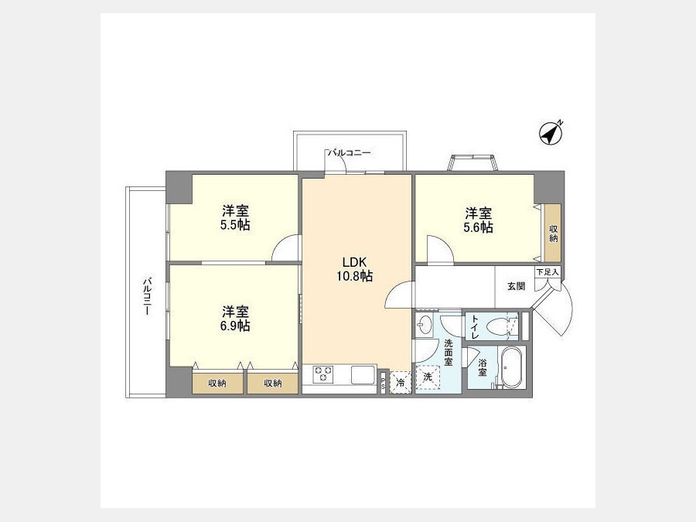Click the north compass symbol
pos(551,133)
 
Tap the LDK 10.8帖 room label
pos(354,269)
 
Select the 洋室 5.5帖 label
pos(235,217)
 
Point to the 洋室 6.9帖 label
pos(235,319)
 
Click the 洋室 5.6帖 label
pos(478,220)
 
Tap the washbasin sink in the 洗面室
pos(424,325)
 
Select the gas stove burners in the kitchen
pos(322,374)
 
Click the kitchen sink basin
pos(363,374)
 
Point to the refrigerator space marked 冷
pos(401,382)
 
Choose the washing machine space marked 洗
pos(428,377)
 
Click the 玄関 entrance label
pos(516,286)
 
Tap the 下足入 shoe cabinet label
pos(548,272)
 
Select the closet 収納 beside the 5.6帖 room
pos(553,233)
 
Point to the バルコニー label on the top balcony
pos(349,153)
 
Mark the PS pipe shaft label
pos(383,383)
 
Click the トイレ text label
pos(475,327)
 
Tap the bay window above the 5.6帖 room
pos(473,162)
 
